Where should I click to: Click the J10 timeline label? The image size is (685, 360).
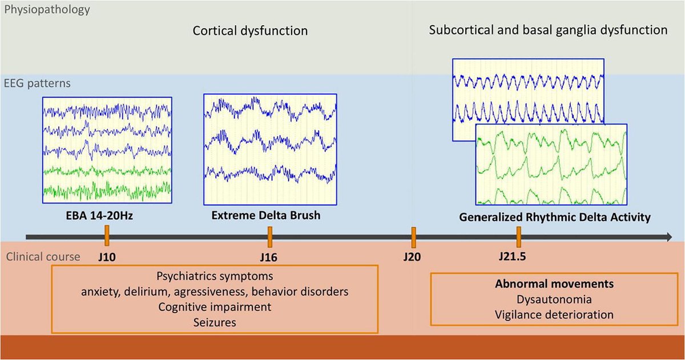click(106, 256)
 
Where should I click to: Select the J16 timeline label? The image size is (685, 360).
click(268, 256)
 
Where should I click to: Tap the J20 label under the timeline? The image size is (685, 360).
click(412, 256)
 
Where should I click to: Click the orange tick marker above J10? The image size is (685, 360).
click(107, 234)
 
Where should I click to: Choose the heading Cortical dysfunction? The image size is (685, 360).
click(249, 31)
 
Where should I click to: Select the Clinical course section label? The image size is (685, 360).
click(43, 256)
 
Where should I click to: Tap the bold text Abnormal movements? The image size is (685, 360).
click(546, 284)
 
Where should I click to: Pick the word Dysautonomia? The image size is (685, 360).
click(546, 299)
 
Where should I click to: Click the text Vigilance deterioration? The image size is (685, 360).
click(546, 314)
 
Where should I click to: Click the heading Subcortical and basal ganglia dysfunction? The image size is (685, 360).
click(548, 30)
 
